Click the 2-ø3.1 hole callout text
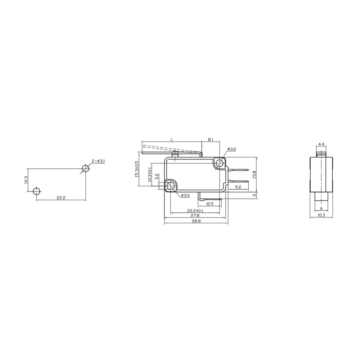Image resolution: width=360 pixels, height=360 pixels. pos(98,161)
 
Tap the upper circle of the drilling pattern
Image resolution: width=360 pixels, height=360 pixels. pos(85,168)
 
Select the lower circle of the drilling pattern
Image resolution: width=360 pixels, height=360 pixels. pos(36,191)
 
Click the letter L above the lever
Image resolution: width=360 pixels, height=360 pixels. pos(172,139)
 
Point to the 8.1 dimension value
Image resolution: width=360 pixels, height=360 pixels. pos(211,139)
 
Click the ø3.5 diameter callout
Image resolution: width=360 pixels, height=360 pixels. pos(185,195)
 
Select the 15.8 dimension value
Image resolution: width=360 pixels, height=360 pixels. pos(254,174)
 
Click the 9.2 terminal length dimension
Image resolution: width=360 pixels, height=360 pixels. pos(238,187)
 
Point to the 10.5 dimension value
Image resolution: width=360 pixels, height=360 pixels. pos(210,204)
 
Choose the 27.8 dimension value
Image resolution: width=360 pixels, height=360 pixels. pos(196,216)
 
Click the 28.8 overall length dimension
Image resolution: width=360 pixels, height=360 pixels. pos(196,221)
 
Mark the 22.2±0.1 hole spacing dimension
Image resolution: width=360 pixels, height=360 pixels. pos(195,210)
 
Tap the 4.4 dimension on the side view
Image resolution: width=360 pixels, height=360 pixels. pos(321,144)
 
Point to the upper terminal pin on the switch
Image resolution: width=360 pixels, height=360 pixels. pos(238,170)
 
